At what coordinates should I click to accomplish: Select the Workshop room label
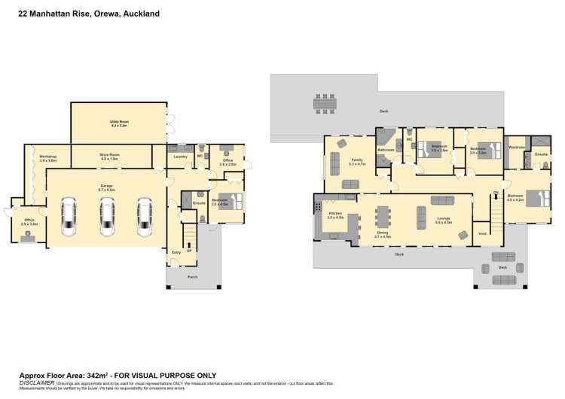pos(48,157)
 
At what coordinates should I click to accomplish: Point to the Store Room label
pos(109,155)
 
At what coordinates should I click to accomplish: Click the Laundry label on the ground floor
pos(180,157)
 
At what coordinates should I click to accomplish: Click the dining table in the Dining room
pos(383,217)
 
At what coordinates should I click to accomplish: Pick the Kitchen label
pos(335,215)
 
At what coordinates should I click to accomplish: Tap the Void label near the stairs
pos(481,233)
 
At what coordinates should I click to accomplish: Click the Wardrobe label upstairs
pos(517,148)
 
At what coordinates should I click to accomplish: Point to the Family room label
pos(358,160)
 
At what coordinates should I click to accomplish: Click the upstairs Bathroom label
pos(386,151)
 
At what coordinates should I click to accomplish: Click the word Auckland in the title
pos(137,13)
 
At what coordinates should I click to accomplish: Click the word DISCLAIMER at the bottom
pos(35,382)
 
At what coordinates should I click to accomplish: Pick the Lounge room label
pos(444,220)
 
